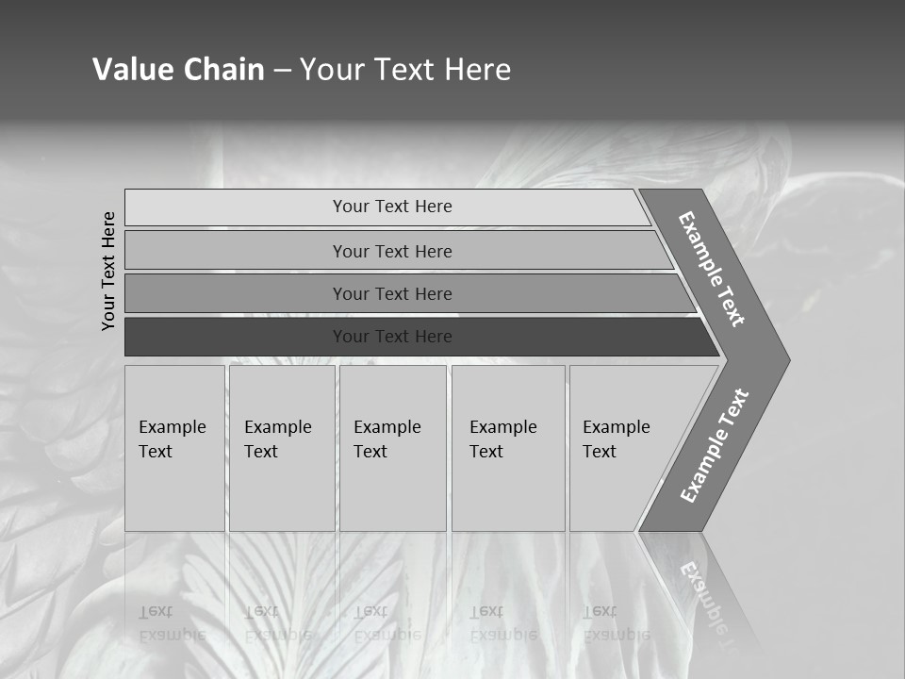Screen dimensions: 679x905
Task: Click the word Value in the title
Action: tap(131, 70)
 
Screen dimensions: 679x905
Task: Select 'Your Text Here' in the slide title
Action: tap(405, 70)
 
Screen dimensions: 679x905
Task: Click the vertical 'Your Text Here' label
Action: tap(108, 271)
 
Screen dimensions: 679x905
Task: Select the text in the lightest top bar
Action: tap(392, 207)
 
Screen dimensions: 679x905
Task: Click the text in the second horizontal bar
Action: tap(392, 252)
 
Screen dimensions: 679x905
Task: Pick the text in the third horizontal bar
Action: tap(392, 294)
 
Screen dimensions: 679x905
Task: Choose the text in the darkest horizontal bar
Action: tap(392, 337)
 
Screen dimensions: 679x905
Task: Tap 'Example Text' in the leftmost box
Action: tap(172, 439)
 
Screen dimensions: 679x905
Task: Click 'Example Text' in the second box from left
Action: tap(277, 439)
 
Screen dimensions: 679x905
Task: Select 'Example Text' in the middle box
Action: tap(387, 439)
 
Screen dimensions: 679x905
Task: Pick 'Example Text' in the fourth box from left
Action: tap(502, 439)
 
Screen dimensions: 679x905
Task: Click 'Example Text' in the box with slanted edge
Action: tap(616, 439)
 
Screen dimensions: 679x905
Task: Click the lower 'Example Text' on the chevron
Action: tap(715, 446)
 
